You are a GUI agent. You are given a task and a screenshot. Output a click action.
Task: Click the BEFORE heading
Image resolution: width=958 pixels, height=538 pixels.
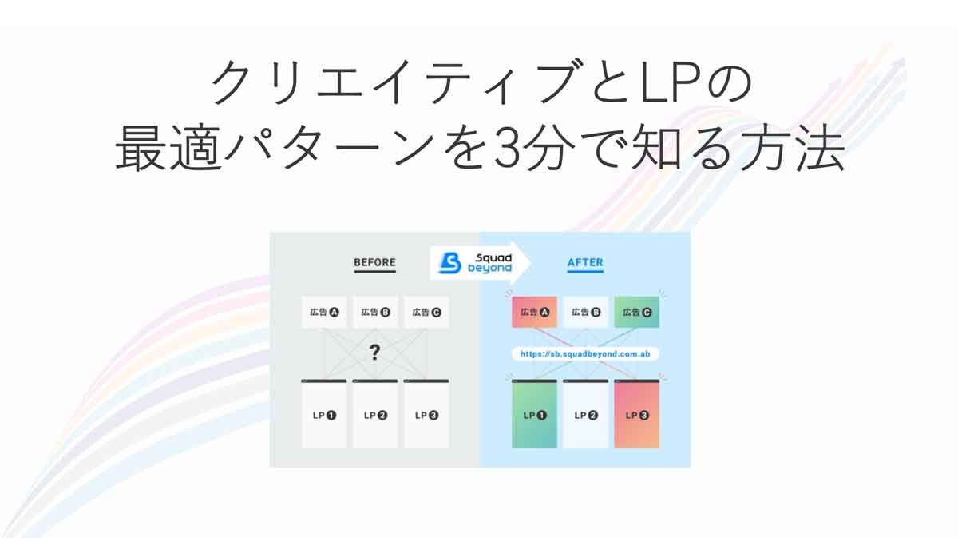374,262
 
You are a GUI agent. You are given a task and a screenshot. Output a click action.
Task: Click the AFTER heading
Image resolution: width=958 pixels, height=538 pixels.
585,262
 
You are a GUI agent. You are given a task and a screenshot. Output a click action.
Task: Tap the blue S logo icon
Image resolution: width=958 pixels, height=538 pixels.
450,262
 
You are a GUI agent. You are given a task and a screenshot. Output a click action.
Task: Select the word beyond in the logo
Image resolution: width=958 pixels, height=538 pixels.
489,269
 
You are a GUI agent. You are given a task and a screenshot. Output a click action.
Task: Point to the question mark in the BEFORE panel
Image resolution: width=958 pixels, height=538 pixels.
374,352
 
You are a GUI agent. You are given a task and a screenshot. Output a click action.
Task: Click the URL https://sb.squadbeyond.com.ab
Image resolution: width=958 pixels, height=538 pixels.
585,354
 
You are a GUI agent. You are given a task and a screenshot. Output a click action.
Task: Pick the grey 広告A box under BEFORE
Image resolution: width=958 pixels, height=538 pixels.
324,313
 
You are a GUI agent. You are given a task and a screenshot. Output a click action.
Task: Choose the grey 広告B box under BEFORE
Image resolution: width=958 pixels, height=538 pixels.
375,313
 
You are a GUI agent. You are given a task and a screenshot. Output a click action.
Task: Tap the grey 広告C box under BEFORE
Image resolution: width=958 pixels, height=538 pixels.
426,313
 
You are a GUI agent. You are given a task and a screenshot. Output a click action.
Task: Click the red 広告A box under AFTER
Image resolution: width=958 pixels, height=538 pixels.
535,313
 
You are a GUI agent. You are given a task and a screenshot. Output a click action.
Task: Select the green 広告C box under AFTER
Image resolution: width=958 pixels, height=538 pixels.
637,313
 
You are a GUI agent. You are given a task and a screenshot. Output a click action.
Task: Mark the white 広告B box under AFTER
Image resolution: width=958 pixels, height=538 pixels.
585,313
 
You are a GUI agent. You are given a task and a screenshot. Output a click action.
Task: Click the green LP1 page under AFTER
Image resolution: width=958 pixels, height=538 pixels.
535,414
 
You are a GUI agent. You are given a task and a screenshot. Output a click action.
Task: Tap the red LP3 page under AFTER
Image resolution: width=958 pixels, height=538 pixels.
637,414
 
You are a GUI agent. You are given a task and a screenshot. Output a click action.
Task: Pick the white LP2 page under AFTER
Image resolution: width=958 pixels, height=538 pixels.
585,414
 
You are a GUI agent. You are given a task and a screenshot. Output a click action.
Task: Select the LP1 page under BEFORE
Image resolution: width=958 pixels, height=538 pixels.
324,414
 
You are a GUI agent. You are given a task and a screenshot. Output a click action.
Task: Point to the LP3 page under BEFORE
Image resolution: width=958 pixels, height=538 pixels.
426,414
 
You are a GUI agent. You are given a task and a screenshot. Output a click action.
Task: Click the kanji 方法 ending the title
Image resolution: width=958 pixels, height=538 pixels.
793,148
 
